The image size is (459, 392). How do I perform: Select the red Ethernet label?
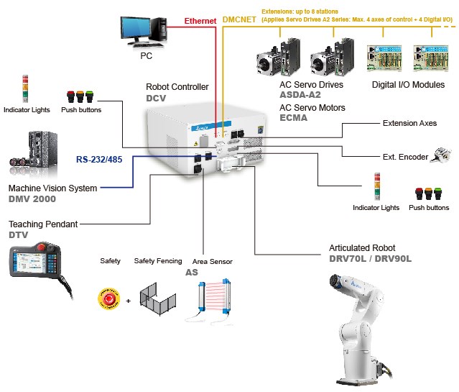click(x=200, y=22)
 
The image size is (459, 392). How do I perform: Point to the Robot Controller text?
click(x=177, y=87)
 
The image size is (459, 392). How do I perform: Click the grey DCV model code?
click(x=157, y=98)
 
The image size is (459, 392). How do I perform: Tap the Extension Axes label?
click(x=409, y=123)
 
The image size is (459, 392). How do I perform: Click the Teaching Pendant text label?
click(x=43, y=224)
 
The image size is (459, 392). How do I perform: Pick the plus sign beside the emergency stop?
click(x=128, y=299)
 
